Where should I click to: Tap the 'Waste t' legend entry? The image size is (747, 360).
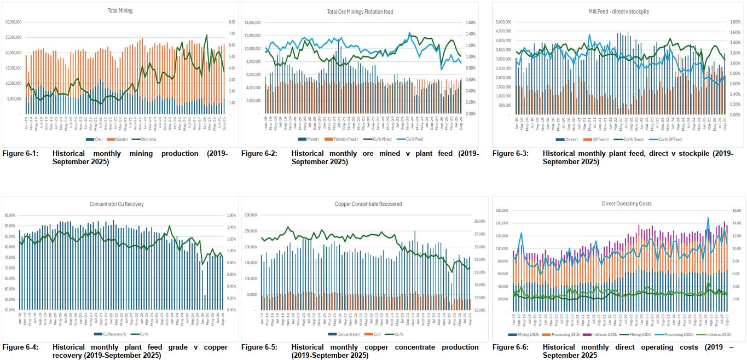tap(122, 139)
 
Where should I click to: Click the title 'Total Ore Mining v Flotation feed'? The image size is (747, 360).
tap(360, 11)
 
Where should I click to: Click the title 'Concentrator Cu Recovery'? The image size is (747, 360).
tap(117, 204)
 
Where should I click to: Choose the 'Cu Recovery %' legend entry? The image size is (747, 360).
tap(117, 334)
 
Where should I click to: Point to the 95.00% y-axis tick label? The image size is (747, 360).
tap(10, 216)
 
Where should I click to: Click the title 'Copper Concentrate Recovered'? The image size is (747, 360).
tap(368, 204)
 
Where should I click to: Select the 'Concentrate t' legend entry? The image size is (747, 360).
tap(346, 334)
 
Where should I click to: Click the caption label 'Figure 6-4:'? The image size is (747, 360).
tap(20, 347)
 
